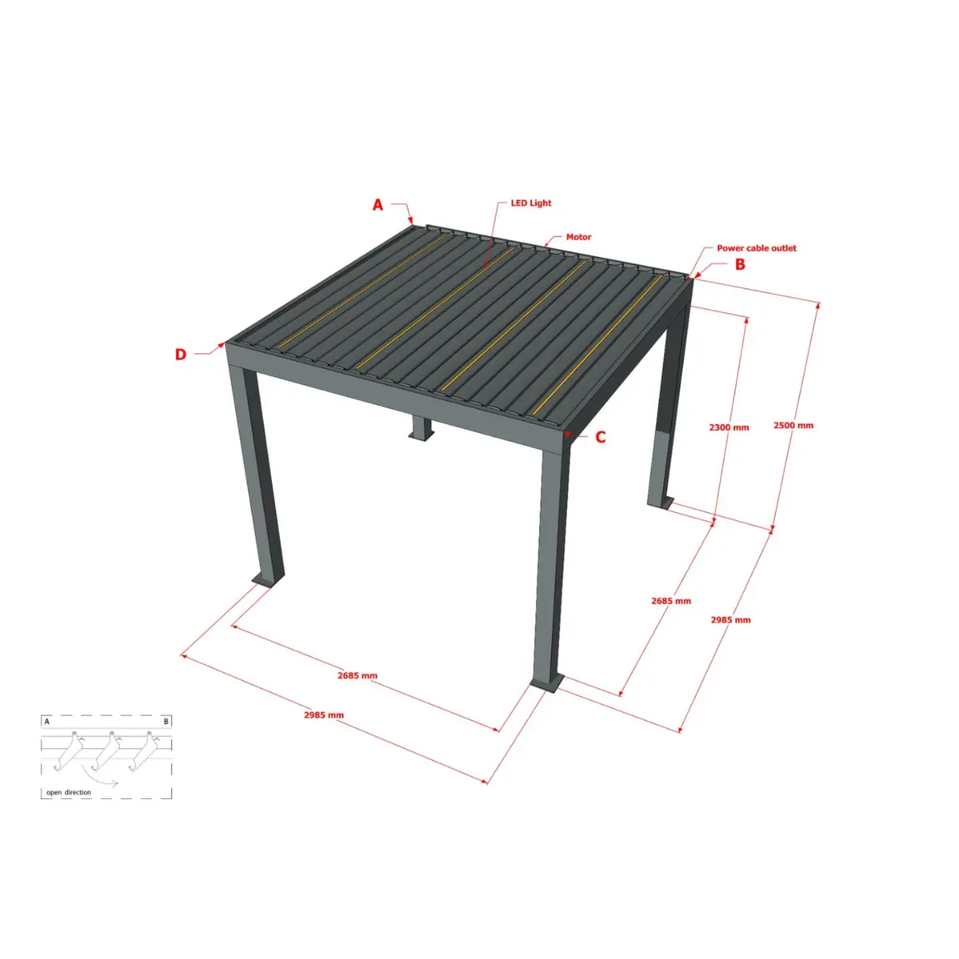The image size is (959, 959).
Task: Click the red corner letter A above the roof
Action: coord(378,205)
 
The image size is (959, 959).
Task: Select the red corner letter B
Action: coord(740,265)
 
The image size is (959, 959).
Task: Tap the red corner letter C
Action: coord(601,437)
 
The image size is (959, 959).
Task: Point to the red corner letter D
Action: coord(180,354)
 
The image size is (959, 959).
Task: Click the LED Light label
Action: coord(531,203)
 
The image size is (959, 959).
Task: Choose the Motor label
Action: coord(579,237)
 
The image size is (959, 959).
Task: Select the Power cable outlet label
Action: coord(757,248)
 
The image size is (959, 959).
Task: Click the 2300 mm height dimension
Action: coord(729,427)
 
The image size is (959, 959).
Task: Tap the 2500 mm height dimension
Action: coord(794,425)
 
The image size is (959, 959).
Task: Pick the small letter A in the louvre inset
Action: coord(47,721)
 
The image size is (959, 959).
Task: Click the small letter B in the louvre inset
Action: coord(166,721)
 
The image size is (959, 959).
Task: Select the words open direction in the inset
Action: coord(69,792)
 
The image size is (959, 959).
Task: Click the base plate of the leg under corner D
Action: coord(269,580)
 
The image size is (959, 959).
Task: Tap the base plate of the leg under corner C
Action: coord(548,684)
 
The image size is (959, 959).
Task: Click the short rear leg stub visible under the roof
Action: coord(421,428)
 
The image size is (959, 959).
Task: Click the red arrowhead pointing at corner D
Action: coord(221,344)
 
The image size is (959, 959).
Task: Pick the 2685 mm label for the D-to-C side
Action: coord(357,675)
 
